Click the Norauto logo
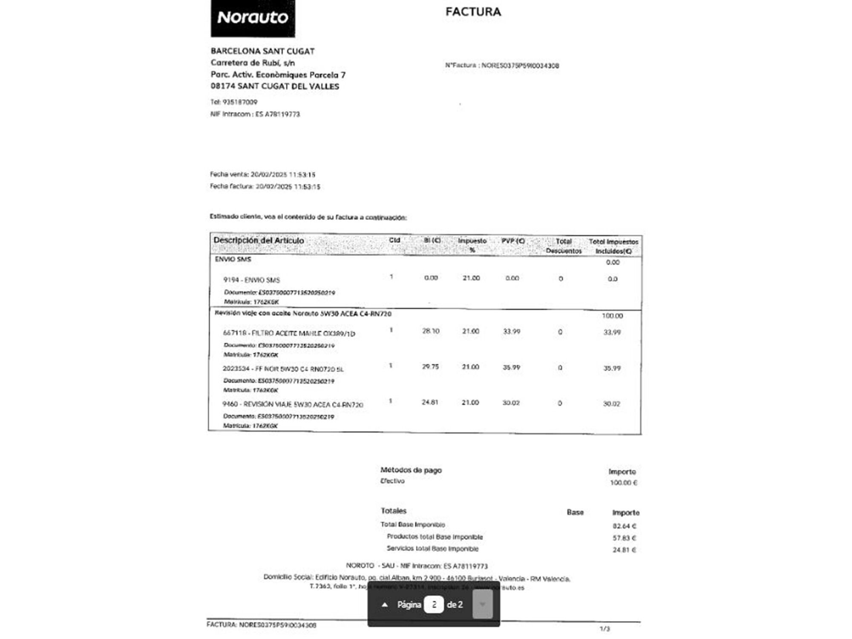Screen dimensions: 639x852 [x=253, y=18]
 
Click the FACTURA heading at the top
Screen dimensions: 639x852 [x=473, y=12]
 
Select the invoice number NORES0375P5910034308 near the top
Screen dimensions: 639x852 [x=520, y=66]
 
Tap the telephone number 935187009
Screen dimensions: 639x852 [x=240, y=102]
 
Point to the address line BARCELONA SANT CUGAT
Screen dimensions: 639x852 [x=262, y=51]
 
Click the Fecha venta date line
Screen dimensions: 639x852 [x=262, y=175]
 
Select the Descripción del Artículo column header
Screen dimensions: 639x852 [x=259, y=241]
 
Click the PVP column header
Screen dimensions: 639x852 [x=513, y=241]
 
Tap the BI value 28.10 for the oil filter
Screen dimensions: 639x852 [x=431, y=331]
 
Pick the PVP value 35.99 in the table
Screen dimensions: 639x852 [x=511, y=367]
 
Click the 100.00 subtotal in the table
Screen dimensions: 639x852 [x=612, y=316]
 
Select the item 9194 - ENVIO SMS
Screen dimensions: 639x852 [x=251, y=280]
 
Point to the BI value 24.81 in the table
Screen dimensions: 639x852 [x=430, y=402]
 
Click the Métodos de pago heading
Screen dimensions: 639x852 [x=411, y=470]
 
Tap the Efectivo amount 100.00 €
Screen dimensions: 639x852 [x=623, y=483]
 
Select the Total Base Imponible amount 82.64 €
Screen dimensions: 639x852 [x=624, y=526]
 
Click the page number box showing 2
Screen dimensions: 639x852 [x=434, y=604]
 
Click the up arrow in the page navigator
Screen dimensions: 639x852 [x=385, y=604]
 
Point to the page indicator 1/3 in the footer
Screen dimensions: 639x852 [x=604, y=629]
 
